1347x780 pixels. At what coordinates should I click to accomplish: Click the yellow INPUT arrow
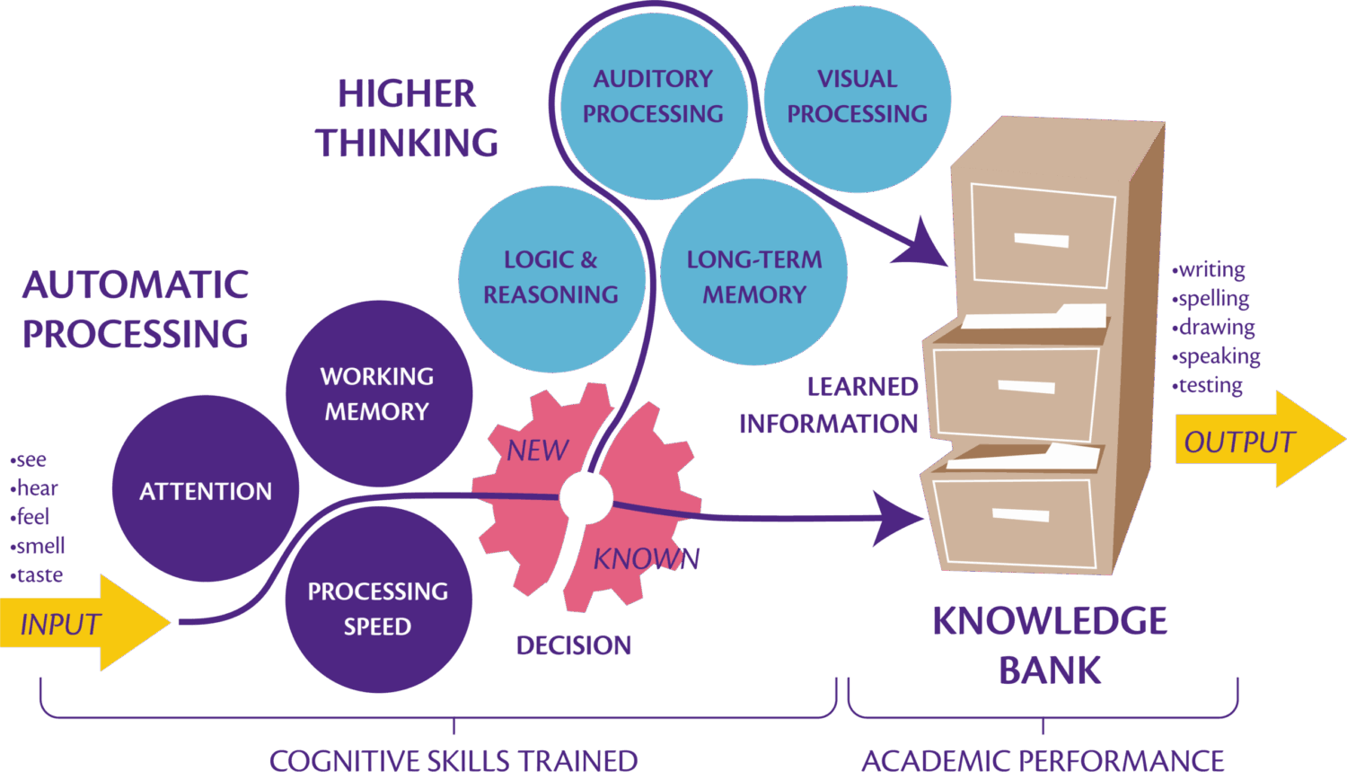pyautogui.click(x=72, y=623)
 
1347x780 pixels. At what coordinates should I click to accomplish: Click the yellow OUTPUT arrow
pyautogui.click(x=1248, y=441)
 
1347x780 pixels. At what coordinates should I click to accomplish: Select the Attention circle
pyautogui.click(x=206, y=490)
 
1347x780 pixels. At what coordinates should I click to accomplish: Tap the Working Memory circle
pyautogui.click(x=378, y=393)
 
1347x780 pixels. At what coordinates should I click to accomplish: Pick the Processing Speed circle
pyautogui.click(x=378, y=608)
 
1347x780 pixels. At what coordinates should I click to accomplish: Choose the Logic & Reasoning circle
pyautogui.click(x=550, y=277)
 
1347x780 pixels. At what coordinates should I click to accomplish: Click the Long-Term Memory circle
pyautogui.click(x=754, y=276)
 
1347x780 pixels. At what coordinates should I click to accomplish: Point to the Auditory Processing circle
pyautogui.click(x=653, y=96)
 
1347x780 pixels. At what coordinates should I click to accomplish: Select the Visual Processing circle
pyautogui.click(x=858, y=96)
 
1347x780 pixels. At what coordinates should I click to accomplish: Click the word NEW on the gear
pyautogui.click(x=538, y=450)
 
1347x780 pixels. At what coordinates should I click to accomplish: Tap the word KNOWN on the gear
pyautogui.click(x=646, y=559)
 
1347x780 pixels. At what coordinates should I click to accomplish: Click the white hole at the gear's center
pyautogui.click(x=585, y=495)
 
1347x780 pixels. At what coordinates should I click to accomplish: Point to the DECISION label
pyautogui.click(x=573, y=644)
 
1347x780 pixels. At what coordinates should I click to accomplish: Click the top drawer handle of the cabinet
pyautogui.click(x=1041, y=240)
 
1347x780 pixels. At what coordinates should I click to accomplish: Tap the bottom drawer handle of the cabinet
pyautogui.click(x=1021, y=514)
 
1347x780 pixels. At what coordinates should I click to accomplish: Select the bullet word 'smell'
pyautogui.click(x=40, y=546)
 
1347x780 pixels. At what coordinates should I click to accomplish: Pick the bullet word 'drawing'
pyautogui.click(x=1217, y=328)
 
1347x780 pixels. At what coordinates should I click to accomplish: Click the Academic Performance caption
pyautogui.click(x=1043, y=761)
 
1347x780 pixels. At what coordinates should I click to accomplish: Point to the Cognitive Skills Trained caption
pyautogui.click(x=453, y=761)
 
